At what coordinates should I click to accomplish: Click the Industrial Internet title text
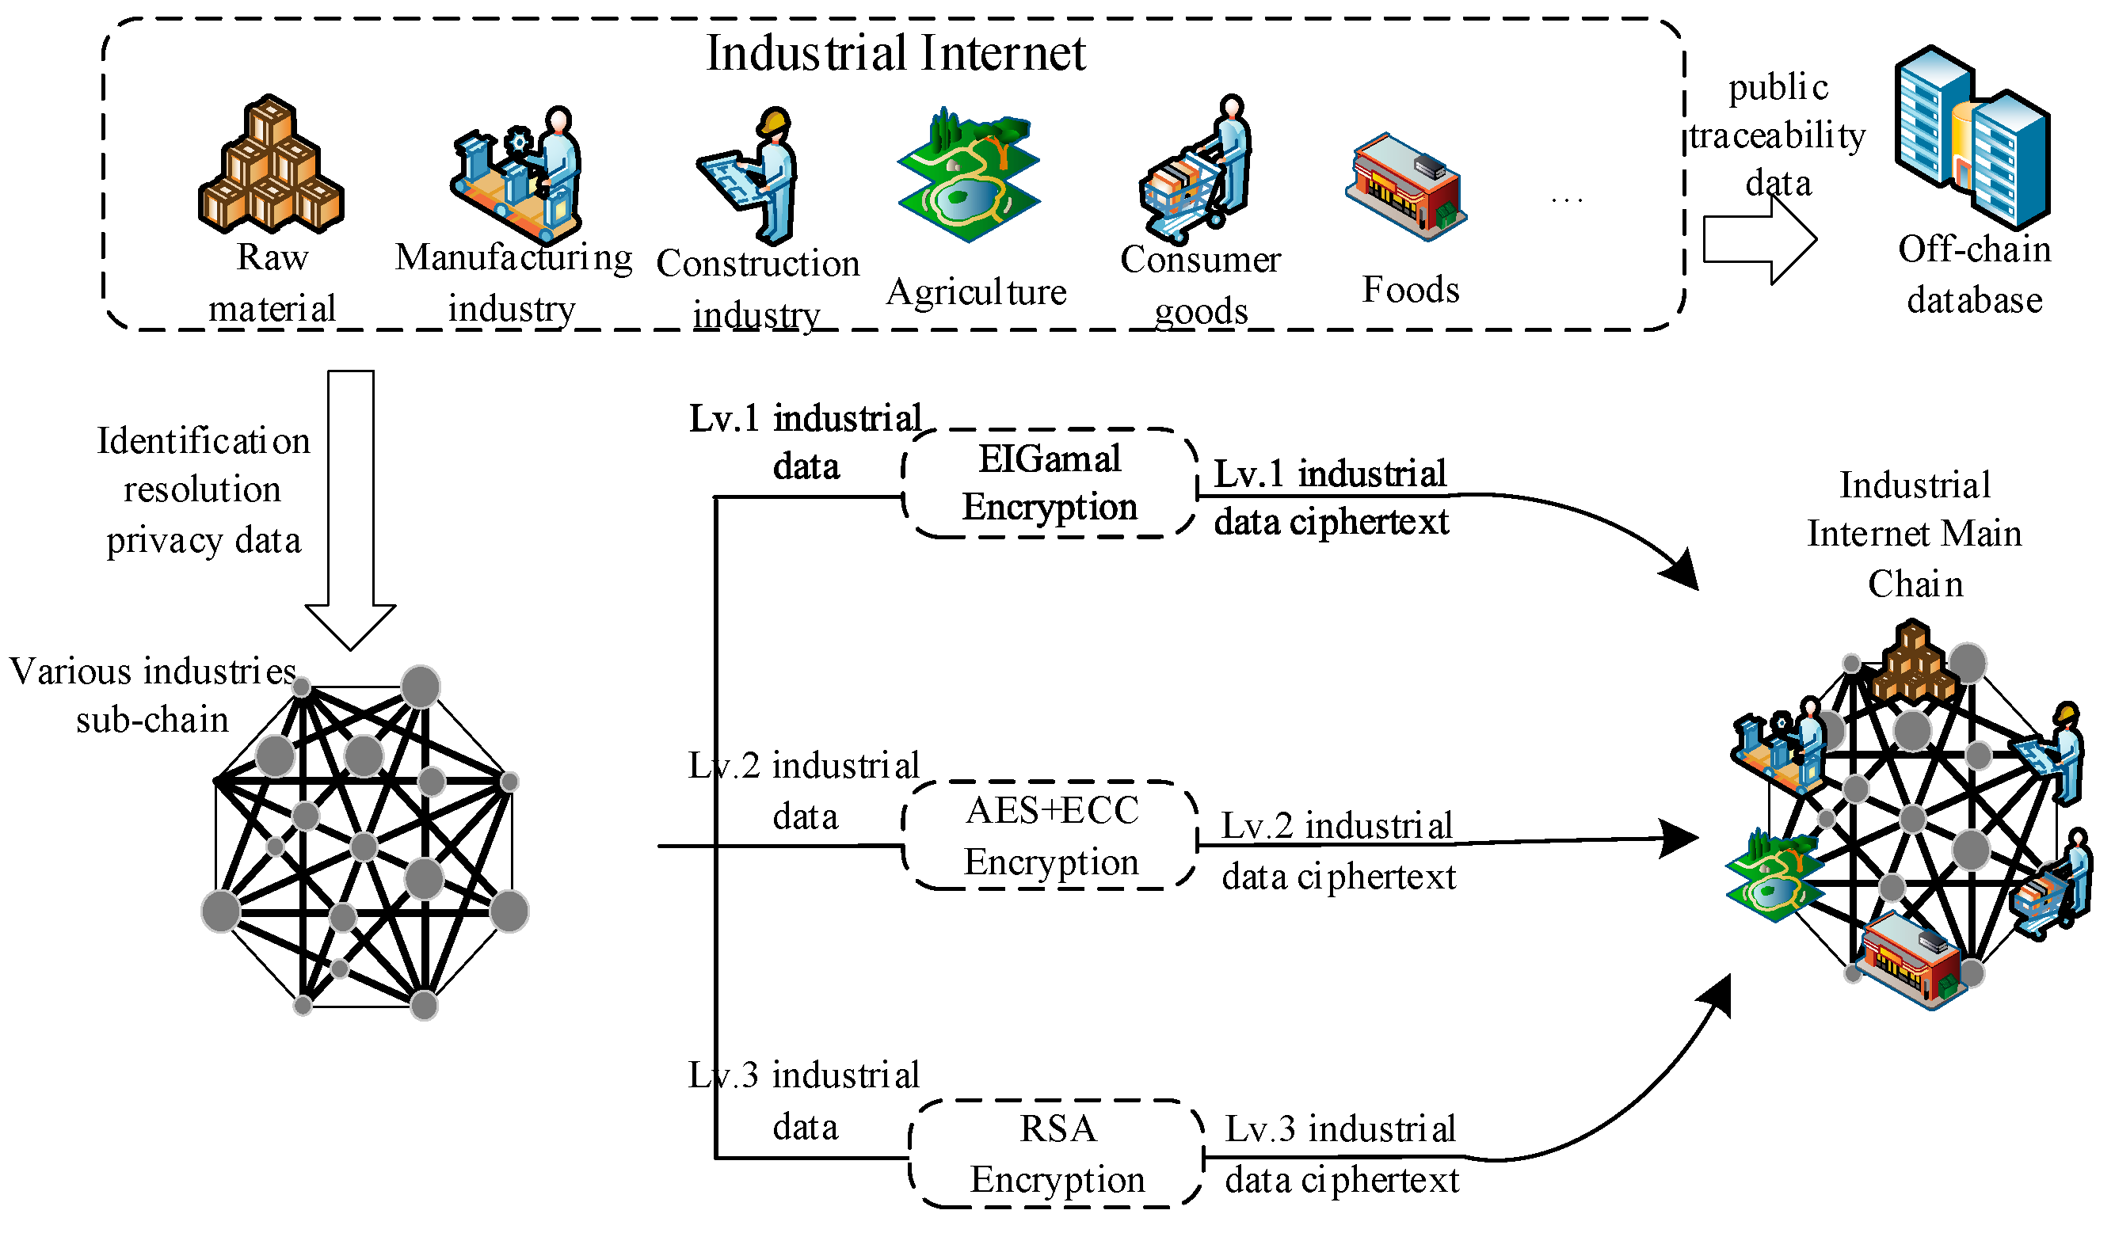pyautogui.click(x=896, y=54)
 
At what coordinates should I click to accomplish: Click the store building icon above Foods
pyautogui.click(x=1407, y=187)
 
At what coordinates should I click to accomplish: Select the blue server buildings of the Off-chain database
pyautogui.click(x=1972, y=139)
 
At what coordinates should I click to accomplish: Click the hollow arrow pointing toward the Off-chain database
pyautogui.click(x=1759, y=241)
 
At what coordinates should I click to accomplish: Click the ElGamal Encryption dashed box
pyautogui.click(x=1050, y=484)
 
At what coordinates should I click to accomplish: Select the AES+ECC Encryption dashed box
pyautogui.click(x=1050, y=836)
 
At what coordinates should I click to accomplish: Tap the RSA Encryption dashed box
pyautogui.click(x=1057, y=1154)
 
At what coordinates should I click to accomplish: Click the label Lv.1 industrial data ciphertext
pyautogui.click(x=1331, y=497)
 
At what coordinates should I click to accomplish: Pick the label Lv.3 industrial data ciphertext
pyautogui.click(x=1341, y=1154)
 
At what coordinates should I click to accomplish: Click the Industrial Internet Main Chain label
pyautogui.click(x=1915, y=535)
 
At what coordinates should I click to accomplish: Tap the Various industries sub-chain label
pyautogui.click(x=153, y=695)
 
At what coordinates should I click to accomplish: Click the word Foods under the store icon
pyautogui.click(x=1410, y=290)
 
